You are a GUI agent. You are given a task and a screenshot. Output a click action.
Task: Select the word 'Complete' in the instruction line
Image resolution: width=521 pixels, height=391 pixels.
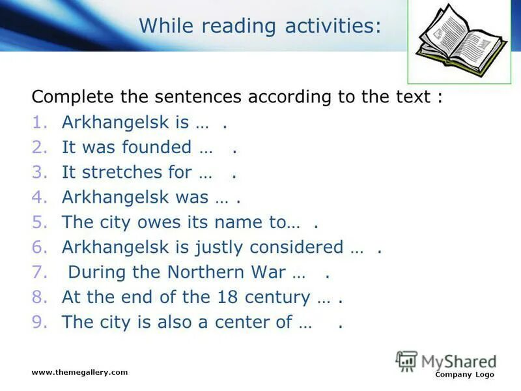73,97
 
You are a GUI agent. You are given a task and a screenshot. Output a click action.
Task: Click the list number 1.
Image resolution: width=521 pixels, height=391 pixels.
38,123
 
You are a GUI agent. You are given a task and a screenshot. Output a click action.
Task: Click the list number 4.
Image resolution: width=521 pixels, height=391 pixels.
38,197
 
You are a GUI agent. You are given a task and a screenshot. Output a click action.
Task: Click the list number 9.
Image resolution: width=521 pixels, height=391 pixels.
38,323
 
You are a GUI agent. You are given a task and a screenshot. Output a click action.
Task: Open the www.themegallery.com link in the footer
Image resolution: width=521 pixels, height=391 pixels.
79,372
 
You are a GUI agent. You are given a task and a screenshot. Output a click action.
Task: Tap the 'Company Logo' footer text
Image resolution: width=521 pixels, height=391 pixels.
464,375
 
